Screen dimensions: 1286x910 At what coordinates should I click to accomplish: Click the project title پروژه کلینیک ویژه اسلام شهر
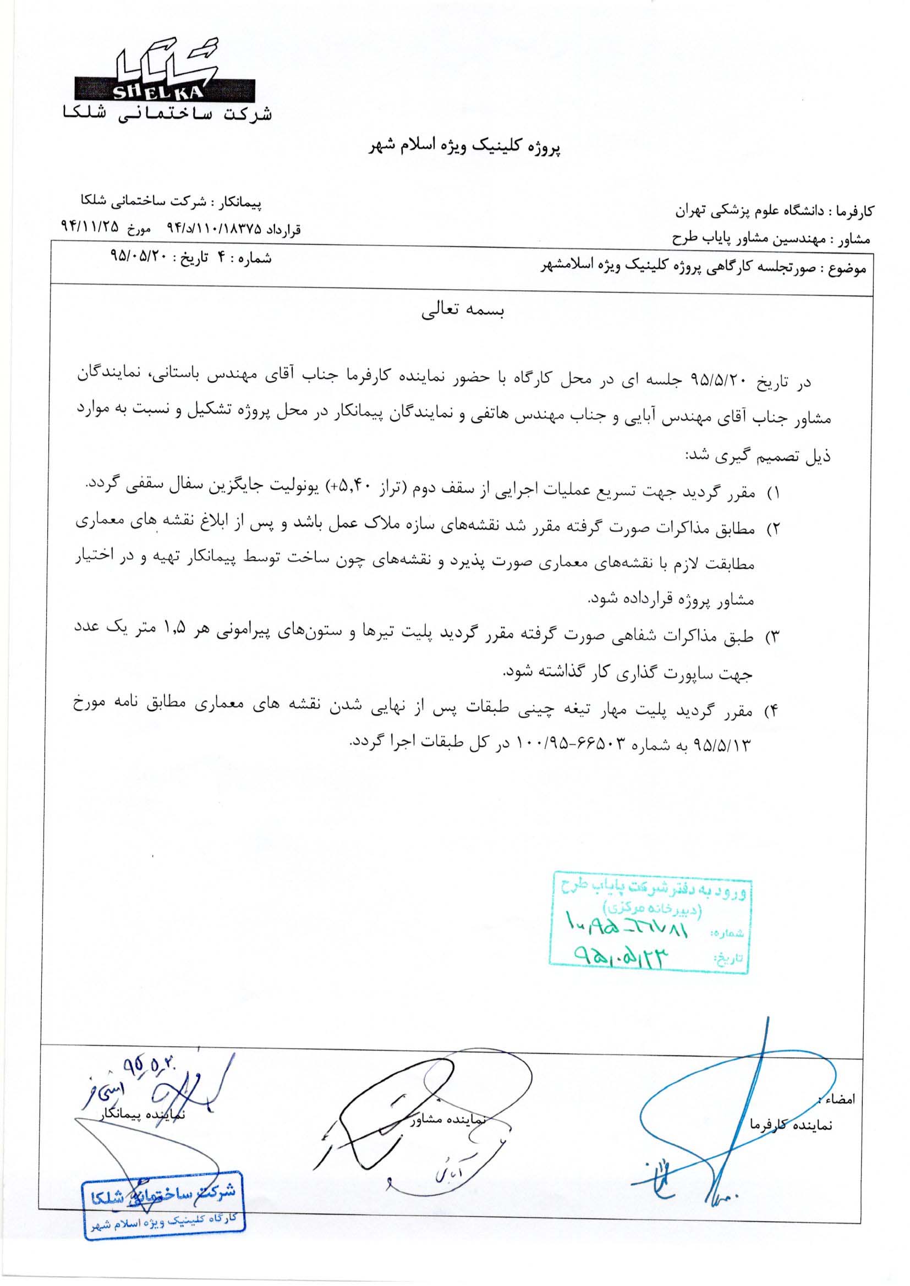coord(464,147)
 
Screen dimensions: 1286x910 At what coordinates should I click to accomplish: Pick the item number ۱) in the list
coord(773,493)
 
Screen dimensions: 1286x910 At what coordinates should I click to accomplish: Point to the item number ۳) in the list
coord(773,637)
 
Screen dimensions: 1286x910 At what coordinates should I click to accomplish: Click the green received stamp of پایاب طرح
coord(649,922)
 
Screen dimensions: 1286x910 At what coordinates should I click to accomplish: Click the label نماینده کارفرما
coord(791,1124)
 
